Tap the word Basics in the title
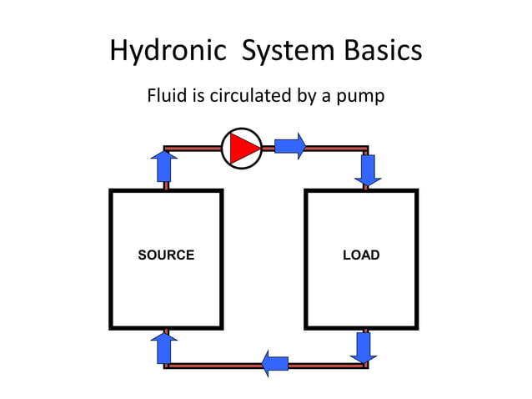coord(380,52)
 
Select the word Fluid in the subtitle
coord(163,96)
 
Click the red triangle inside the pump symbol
coord(243,148)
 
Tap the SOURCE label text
coord(166,255)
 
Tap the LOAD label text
coord(361,255)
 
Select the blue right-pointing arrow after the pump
coord(290,146)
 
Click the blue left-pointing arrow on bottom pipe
coord(275,363)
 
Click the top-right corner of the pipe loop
coord(365,149)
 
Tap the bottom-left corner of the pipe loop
coord(166,365)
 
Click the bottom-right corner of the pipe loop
coord(364,365)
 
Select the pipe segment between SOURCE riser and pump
coord(193,149)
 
